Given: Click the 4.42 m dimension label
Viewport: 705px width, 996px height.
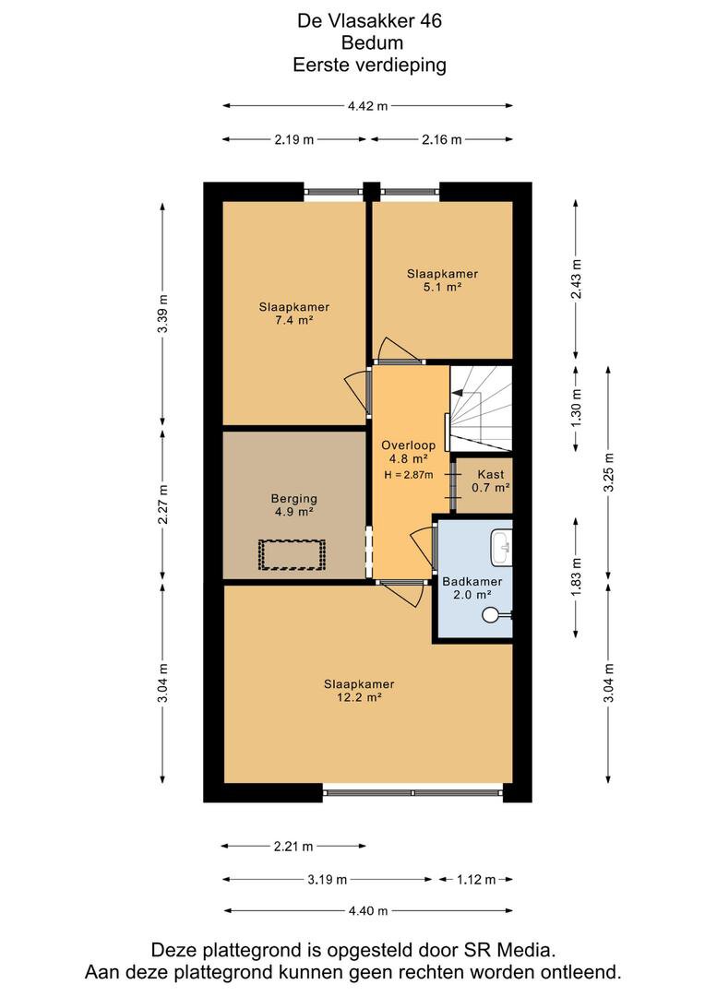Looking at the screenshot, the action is coord(367,106).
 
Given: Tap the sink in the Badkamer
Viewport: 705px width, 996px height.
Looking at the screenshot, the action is coord(502,546).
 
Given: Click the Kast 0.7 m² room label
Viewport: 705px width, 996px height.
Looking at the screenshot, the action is coord(491,480).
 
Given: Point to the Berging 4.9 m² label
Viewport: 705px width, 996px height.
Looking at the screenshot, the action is coord(293,505).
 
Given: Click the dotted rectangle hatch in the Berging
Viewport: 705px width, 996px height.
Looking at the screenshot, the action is coord(292,554).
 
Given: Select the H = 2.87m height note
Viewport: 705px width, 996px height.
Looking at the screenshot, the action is coord(409,475).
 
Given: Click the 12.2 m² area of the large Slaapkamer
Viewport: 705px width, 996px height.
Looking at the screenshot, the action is coord(359,697).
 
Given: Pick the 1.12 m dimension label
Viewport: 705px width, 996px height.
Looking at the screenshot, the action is coord(476,880).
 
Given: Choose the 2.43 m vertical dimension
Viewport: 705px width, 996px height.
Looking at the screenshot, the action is coord(576,279).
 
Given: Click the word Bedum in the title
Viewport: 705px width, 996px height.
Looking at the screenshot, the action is coord(373,42).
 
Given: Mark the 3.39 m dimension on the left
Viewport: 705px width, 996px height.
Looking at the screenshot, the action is coord(163,314).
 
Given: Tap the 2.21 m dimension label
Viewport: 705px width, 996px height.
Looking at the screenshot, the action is coord(293,846).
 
